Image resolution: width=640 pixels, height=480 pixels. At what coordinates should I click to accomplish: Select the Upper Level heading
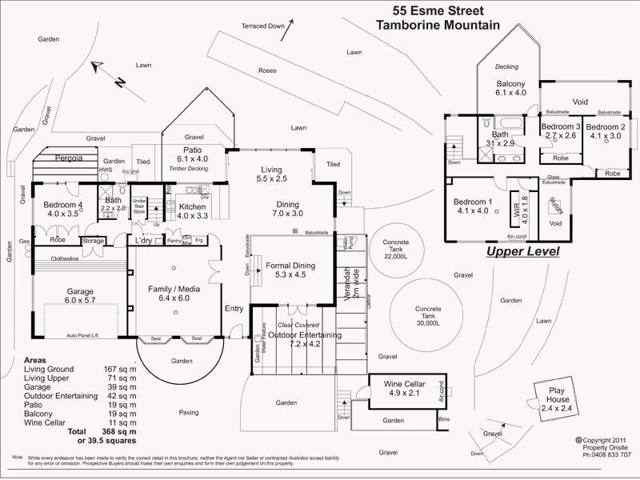coord(522,251)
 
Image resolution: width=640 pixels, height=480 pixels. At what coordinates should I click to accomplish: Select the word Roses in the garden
coord(267,70)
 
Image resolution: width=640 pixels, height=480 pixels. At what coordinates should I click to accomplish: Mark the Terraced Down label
coord(263,26)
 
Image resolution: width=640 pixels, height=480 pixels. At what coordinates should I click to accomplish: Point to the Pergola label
coord(69,158)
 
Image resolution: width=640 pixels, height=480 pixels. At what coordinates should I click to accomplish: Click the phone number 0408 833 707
coord(609,454)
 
